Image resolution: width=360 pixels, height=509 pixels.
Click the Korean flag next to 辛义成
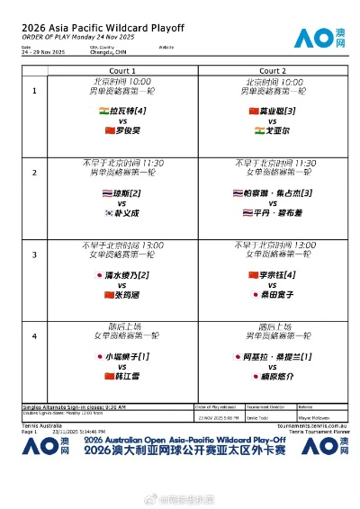pyautogui.click(x=108, y=212)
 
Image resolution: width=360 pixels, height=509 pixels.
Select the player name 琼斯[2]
pyautogui.click(x=127, y=192)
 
